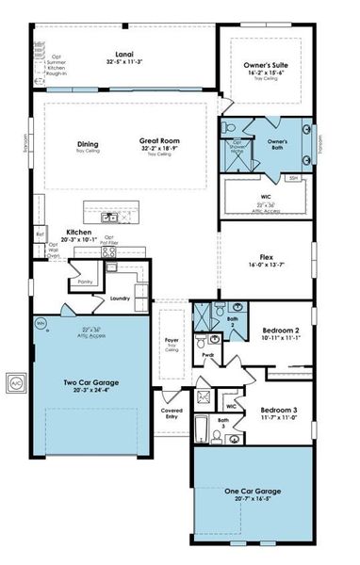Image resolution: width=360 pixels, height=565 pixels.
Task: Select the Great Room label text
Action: click(160, 139)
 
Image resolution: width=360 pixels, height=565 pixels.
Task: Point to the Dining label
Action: click(88, 144)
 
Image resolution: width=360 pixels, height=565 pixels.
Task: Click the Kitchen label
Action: click(78, 232)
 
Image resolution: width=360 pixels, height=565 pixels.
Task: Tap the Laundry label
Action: click(120, 299)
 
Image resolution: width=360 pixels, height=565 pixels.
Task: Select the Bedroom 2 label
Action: click(279, 330)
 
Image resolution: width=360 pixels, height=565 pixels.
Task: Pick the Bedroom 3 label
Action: click(279, 411)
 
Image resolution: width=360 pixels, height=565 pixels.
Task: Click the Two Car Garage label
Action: click(90, 382)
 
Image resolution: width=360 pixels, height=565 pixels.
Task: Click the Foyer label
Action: click(172, 341)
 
